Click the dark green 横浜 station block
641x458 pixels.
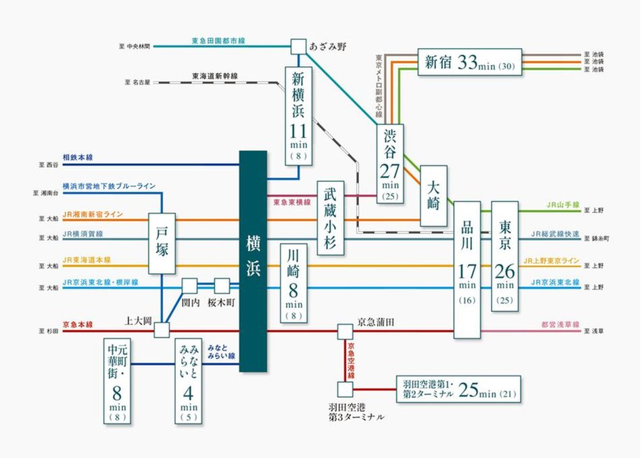[x=254, y=261]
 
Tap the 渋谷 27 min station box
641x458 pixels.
[x=390, y=162]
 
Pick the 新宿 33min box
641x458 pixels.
[x=469, y=63]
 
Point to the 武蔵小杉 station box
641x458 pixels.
[x=330, y=217]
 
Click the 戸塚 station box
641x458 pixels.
[x=162, y=244]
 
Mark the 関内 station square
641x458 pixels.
[x=189, y=286]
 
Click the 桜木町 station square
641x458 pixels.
[x=222, y=286]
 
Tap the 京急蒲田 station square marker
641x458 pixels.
[x=345, y=331]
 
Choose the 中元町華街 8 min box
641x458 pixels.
[x=117, y=381]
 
